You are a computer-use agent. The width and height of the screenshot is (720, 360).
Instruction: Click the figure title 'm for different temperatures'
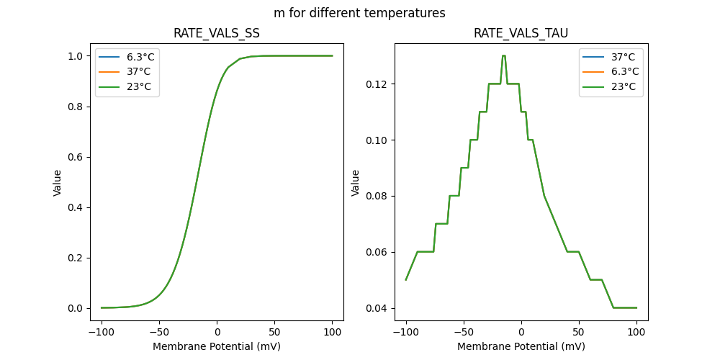click(x=359, y=13)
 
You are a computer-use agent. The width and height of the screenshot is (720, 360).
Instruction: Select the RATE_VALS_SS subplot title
click(x=217, y=33)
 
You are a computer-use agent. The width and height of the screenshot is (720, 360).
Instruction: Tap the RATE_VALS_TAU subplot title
click(x=521, y=33)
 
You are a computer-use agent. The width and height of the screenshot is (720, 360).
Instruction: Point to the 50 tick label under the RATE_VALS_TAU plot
click(x=579, y=333)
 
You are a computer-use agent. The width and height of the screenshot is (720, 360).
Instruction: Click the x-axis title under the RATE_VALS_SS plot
click(x=217, y=346)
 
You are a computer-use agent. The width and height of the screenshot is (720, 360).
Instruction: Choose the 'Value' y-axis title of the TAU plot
click(x=355, y=183)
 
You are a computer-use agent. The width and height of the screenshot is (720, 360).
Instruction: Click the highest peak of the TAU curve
click(x=504, y=55)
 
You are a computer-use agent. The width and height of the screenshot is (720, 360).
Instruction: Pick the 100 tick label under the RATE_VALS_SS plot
click(x=333, y=333)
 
